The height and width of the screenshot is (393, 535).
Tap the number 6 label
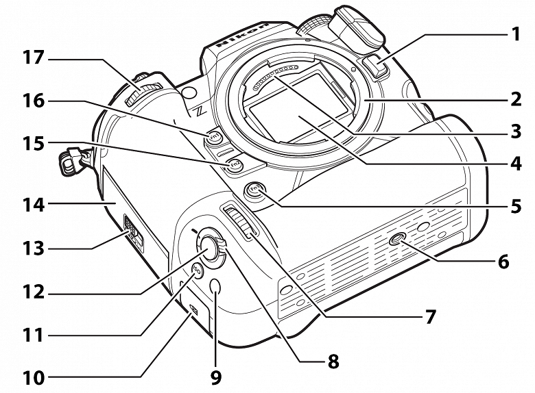click(x=503, y=262)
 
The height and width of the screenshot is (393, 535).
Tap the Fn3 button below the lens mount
click(x=256, y=191)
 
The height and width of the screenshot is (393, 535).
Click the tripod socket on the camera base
click(x=397, y=240)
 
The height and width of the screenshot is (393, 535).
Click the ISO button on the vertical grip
click(x=196, y=270)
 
